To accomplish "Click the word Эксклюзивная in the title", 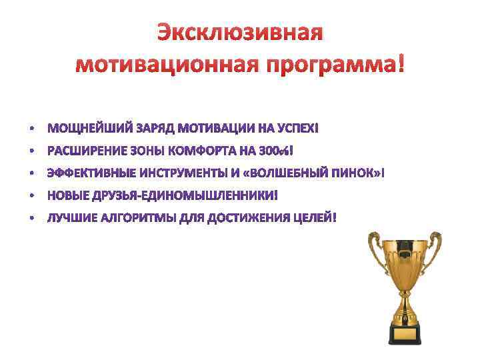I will pos(239,32).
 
